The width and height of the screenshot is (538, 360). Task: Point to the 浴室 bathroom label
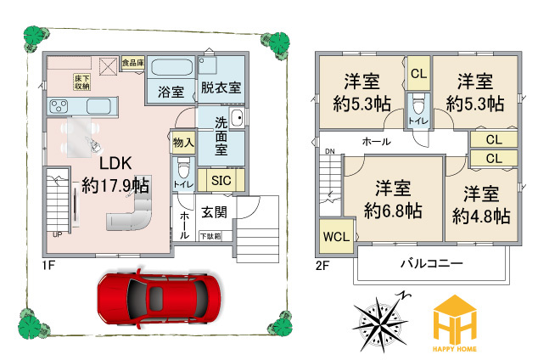(x=171, y=92)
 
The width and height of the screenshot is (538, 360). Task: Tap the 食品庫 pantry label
(x=132, y=62)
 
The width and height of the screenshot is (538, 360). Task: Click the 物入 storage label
(x=183, y=142)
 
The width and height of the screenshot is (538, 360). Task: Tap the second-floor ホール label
(x=376, y=141)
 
